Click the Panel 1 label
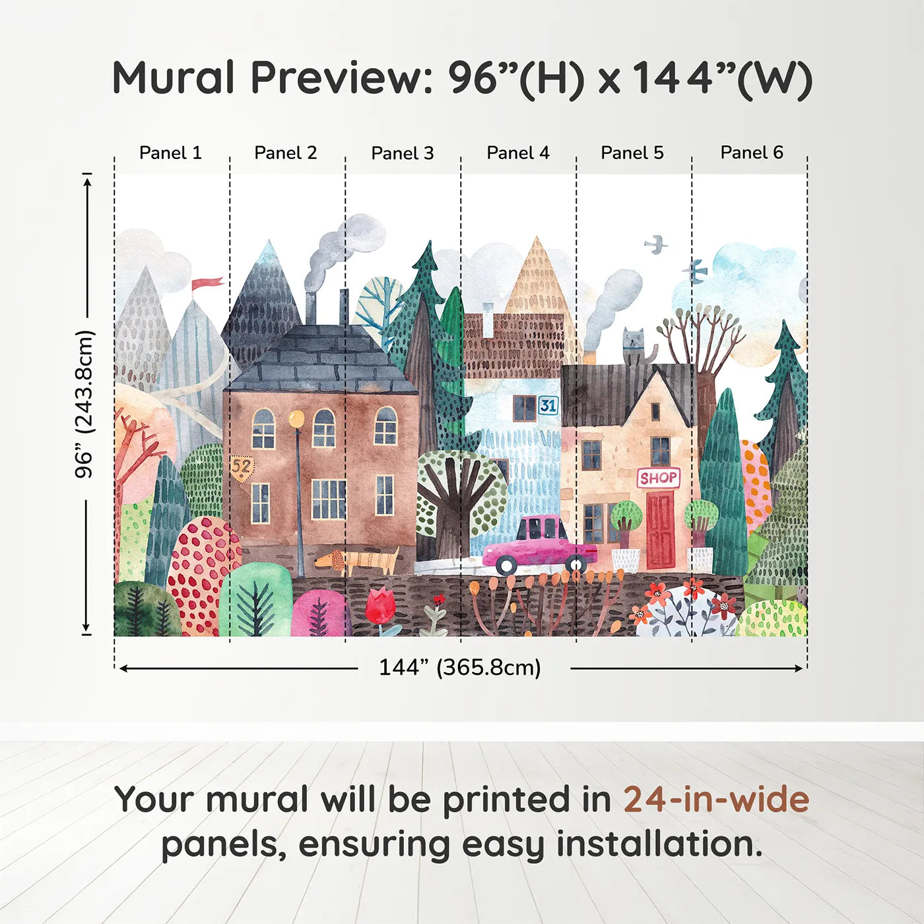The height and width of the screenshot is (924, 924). [170, 153]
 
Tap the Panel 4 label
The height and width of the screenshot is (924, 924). [517, 153]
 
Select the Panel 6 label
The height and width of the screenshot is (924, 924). [751, 153]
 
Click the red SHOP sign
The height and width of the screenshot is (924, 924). [658, 478]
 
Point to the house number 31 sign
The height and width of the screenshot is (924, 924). [548, 405]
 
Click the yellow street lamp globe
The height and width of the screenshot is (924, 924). [297, 418]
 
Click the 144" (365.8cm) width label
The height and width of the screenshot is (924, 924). [459, 667]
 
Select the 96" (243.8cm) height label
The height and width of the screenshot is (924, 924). [84, 404]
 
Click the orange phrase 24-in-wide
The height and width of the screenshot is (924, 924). [716, 800]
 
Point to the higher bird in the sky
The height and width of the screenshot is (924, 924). [655, 245]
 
